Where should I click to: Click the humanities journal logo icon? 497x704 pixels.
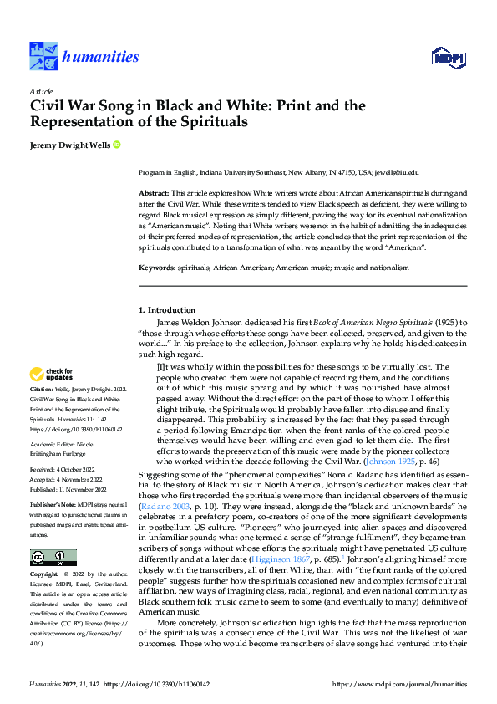43,56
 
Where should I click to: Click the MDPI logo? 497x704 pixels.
446,57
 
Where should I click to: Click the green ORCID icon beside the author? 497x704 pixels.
117,145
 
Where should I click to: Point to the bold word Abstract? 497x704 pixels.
155,193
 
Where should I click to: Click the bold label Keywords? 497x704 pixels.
157,268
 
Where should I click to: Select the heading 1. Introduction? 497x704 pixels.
166,310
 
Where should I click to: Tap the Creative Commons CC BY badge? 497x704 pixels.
53,558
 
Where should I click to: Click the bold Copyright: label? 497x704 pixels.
44,576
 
